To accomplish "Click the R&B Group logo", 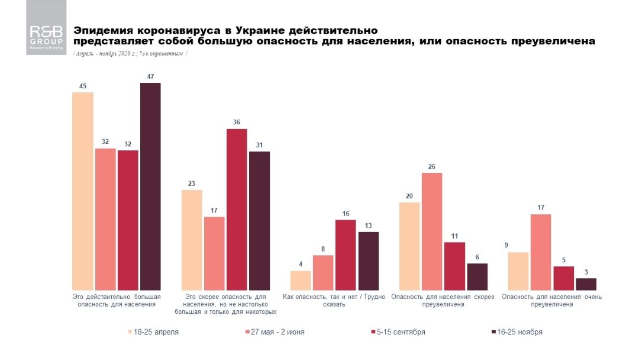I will point(46,36).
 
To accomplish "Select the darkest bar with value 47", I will point(150,186).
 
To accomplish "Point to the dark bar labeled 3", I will point(586,284).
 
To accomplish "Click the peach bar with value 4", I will point(301,280).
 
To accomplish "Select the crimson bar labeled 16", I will point(346,255).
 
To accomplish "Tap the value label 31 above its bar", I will point(259,146).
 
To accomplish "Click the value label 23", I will point(192,184).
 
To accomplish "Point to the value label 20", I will point(409,196).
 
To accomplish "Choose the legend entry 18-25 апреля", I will point(153,332).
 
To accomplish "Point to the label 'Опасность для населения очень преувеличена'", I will point(551,300).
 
